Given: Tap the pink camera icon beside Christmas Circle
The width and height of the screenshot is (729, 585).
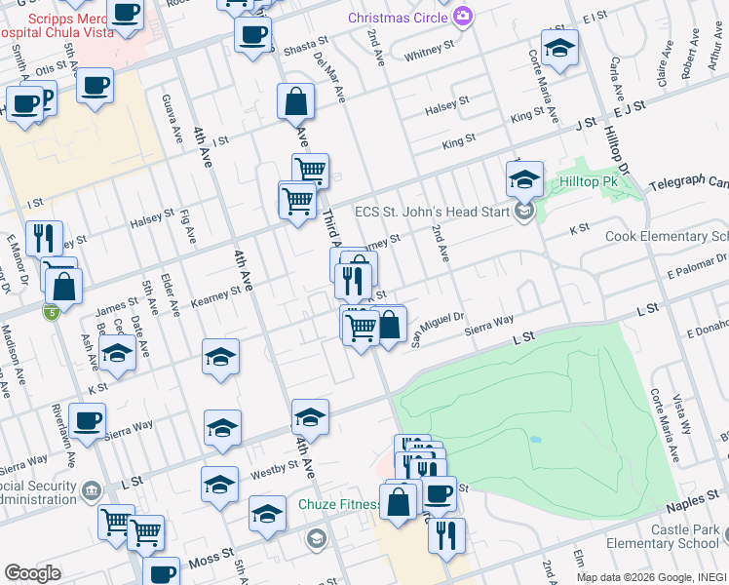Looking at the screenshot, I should pyautogui.click(x=463, y=17).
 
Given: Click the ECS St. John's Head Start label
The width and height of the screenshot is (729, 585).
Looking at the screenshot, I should pyautogui.click(x=433, y=213).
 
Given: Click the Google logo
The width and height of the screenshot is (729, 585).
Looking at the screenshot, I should pyautogui.click(x=32, y=572).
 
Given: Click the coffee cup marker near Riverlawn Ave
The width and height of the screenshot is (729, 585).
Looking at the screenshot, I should pyautogui.click(x=87, y=421).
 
